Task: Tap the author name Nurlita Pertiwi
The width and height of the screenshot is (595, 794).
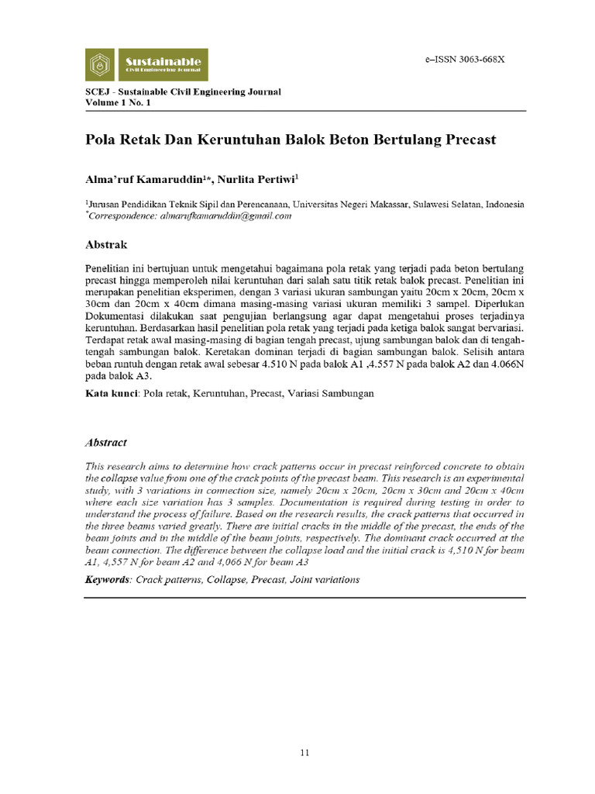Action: pos(256,179)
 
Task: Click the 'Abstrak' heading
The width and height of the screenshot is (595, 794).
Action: pos(105,244)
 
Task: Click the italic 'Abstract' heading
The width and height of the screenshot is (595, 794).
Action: pos(105,442)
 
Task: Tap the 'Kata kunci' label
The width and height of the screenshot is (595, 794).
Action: pos(111,394)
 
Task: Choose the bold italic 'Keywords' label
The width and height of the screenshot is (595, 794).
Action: pos(108,580)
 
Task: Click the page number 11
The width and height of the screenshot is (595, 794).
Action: pos(305,752)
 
